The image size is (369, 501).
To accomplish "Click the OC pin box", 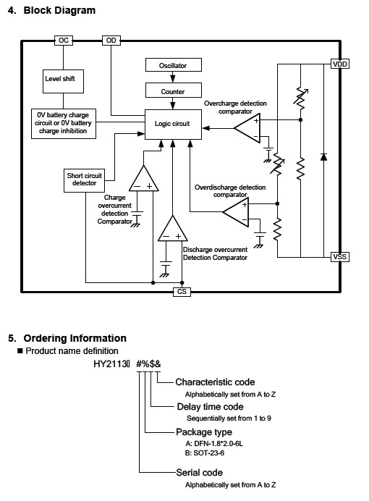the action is [x=64, y=41].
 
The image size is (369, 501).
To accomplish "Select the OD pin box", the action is [x=111, y=41].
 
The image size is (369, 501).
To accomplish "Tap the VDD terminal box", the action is [x=339, y=64].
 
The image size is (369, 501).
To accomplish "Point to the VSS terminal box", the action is [x=339, y=257].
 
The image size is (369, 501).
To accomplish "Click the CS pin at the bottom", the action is [x=182, y=292].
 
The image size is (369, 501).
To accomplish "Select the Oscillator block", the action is [x=174, y=65].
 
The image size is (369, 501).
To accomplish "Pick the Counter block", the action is [x=174, y=90].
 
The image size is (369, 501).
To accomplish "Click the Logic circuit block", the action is [x=174, y=125].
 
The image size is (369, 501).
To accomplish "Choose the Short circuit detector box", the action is [x=84, y=180].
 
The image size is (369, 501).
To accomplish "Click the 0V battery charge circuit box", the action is [x=64, y=124].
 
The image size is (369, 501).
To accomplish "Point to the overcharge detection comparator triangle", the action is [x=247, y=128].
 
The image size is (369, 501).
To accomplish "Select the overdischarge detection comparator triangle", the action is [x=237, y=212].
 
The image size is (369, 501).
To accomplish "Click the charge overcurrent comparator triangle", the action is [x=144, y=179].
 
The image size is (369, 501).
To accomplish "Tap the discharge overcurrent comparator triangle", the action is [x=173, y=229].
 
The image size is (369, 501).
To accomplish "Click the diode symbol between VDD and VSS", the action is [x=323, y=157].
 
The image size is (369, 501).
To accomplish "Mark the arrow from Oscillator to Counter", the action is [x=173, y=77].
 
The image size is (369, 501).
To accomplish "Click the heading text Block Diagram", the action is [x=59, y=10].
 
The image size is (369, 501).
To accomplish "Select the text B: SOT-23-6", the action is [x=205, y=453].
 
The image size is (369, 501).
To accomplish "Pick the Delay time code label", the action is [x=210, y=406].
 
